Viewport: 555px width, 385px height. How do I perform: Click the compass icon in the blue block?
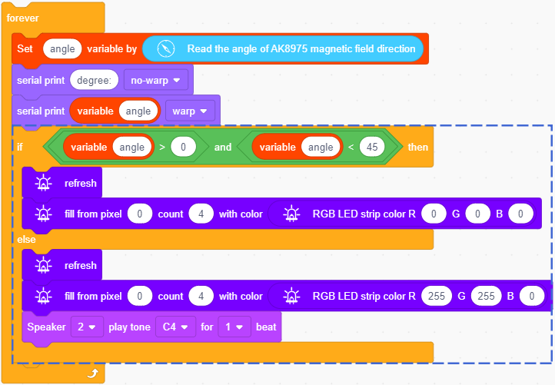tap(165, 48)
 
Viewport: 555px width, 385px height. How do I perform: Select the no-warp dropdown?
tap(156, 81)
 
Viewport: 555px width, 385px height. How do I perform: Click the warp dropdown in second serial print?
tap(190, 111)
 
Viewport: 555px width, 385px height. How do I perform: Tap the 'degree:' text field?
tap(94, 81)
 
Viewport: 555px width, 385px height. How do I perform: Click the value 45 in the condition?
tap(372, 147)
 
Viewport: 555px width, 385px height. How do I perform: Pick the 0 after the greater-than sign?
tap(183, 147)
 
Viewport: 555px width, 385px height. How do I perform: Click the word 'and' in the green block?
tap(223, 148)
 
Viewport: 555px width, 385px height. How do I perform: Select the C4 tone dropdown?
tap(175, 327)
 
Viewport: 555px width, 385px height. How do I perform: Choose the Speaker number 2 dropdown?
tap(87, 327)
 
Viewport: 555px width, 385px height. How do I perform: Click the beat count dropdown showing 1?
tap(234, 327)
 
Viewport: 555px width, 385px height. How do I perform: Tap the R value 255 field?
tap(437, 296)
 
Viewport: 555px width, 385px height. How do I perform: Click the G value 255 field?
tap(486, 296)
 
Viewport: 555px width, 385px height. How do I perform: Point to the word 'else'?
tap(26, 240)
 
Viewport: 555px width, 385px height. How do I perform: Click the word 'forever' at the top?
tap(22, 18)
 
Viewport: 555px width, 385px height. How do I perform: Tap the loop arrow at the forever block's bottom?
tap(93, 373)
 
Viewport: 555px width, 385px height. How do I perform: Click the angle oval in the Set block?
tap(62, 49)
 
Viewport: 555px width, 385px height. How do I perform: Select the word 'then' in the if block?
tap(418, 148)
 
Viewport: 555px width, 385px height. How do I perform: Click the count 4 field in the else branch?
tap(201, 296)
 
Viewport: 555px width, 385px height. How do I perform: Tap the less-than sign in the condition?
tap(351, 148)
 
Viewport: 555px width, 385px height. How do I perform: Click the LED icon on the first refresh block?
tap(43, 184)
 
